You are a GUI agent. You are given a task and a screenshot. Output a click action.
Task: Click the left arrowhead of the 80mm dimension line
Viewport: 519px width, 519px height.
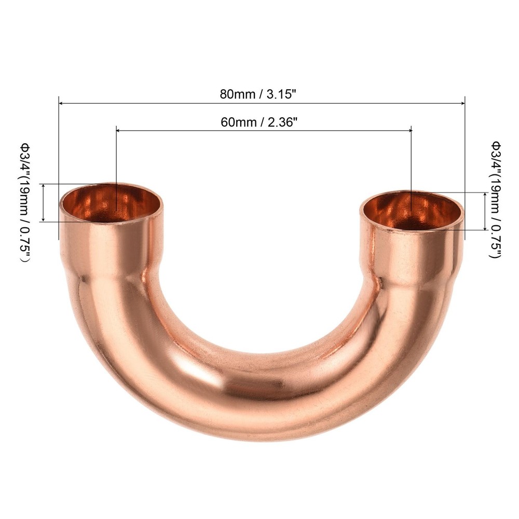[61, 104]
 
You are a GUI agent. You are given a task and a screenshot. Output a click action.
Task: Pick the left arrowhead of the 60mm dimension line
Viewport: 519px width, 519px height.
[118, 132]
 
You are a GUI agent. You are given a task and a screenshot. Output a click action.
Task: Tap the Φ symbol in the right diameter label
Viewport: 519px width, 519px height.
[496, 143]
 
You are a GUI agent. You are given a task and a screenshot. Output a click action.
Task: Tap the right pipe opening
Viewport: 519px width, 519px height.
[412, 211]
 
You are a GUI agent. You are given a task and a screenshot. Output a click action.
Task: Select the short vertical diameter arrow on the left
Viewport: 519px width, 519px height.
[44, 202]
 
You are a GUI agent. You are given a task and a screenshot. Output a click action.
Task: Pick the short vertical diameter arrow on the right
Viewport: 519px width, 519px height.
[485, 211]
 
